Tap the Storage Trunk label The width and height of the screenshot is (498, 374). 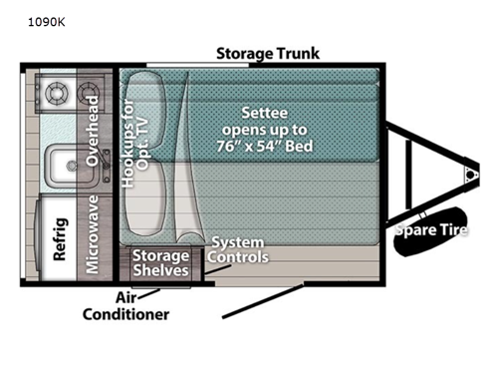coord(268,53)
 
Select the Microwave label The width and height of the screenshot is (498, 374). coord(94,235)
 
